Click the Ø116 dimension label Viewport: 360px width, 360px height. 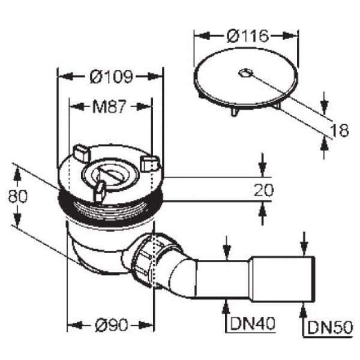pos(247,36)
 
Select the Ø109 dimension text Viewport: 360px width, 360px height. pos(112,76)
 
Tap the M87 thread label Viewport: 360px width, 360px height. pos(110,107)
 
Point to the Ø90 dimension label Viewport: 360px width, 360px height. pos(111,325)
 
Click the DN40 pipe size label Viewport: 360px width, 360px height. pos(252,323)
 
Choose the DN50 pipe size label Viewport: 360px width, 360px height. pos(329,327)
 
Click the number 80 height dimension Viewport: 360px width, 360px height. pos(17,196)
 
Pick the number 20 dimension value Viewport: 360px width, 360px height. pos(264,190)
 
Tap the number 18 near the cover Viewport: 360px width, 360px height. pos(340,130)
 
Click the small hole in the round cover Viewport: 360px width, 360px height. pos(245,73)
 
